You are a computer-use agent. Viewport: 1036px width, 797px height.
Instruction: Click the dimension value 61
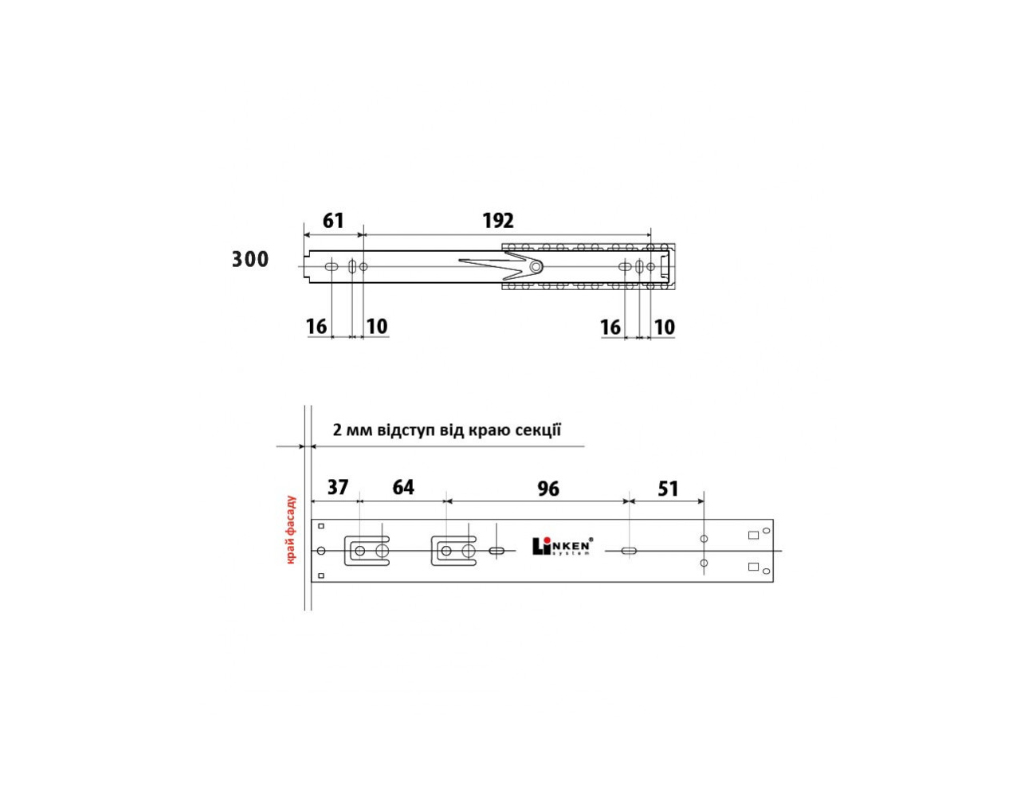333,221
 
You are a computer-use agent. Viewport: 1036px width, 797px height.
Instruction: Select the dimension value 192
498,221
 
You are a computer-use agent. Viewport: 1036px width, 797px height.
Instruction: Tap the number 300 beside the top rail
250,259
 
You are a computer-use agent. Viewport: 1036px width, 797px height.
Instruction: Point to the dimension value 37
338,488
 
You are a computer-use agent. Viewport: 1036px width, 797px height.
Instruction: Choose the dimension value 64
403,488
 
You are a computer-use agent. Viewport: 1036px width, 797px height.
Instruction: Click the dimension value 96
548,489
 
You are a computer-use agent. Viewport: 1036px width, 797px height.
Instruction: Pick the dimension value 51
668,489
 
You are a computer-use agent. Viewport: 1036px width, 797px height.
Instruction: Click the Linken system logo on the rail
563,546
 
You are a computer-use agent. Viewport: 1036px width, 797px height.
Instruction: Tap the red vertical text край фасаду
292,529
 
